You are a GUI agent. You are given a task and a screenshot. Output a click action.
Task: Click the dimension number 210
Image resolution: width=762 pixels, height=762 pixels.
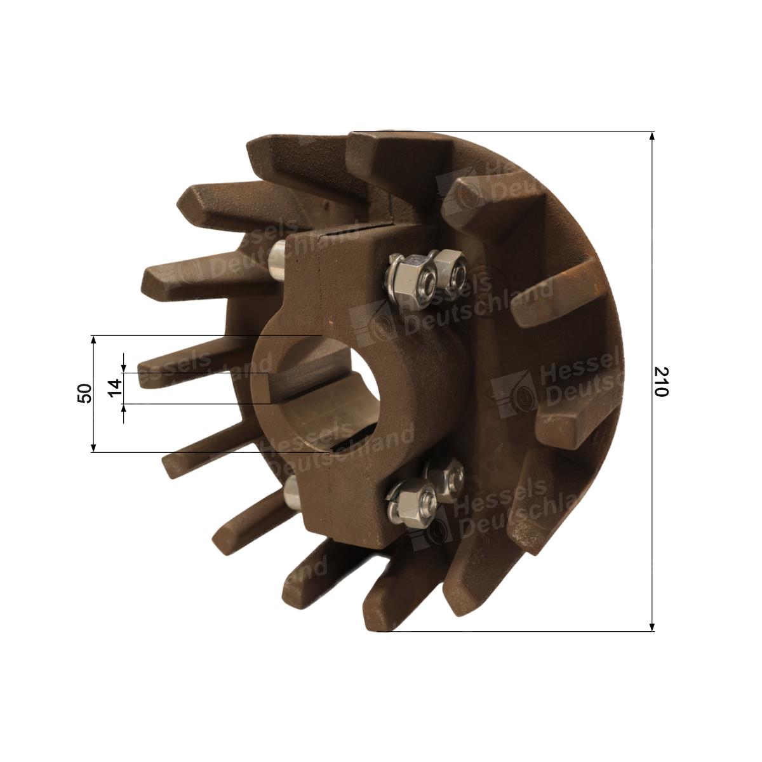click(x=661, y=382)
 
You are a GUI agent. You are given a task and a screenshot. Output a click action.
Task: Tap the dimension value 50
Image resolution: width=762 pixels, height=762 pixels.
click(x=86, y=393)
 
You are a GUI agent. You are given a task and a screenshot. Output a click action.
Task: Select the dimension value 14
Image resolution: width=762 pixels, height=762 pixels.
click(x=115, y=389)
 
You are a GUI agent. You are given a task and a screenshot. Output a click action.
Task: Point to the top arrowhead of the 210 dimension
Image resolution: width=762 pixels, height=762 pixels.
click(x=652, y=136)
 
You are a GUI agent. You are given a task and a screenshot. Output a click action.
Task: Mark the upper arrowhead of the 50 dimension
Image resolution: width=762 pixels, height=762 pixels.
click(x=93, y=340)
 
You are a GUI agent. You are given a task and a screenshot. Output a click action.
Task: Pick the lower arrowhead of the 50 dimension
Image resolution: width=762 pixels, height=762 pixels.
click(x=93, y=447)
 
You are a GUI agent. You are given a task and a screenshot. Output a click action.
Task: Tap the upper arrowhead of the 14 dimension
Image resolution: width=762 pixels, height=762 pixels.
click(x=124, y=368)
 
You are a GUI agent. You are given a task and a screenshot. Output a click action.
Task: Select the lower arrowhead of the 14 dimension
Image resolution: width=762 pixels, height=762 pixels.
click(x=124, y=409)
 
